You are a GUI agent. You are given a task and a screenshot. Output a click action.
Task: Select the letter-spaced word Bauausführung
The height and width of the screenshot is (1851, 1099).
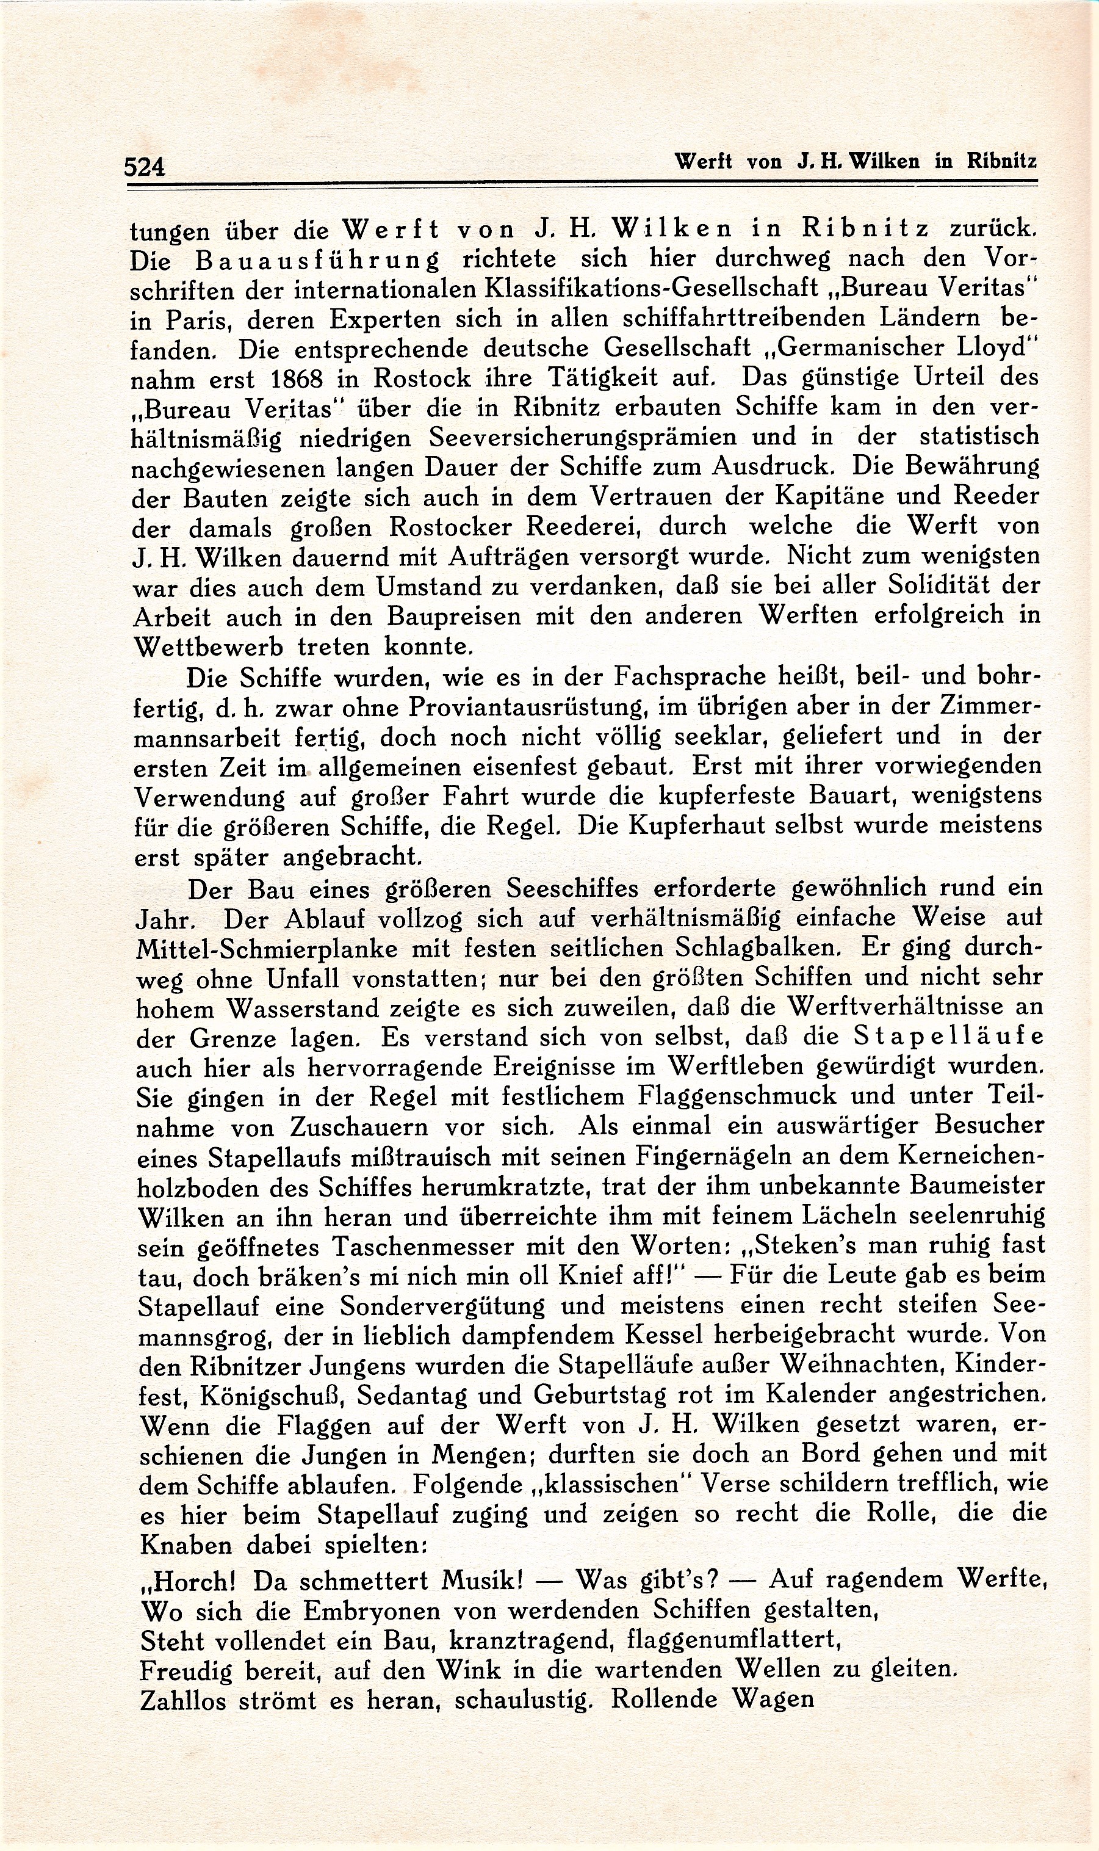(x=311, y=260)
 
